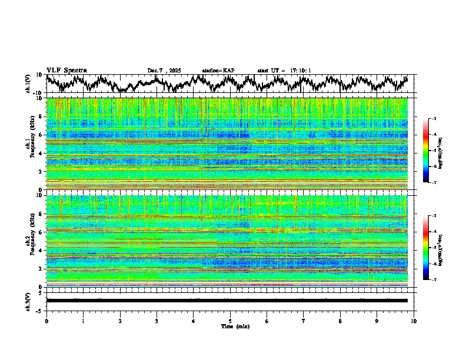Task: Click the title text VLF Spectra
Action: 66,70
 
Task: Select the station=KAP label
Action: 218,71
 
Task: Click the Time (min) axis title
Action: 235,326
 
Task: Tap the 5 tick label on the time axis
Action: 230,321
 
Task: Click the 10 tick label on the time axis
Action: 414,321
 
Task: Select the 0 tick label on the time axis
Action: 46,321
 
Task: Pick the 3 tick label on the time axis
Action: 157,321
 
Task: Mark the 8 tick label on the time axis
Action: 340,321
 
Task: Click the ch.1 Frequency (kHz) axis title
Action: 30,144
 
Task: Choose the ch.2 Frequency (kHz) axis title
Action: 30,241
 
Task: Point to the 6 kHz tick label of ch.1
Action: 41,135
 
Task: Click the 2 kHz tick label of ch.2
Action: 41,268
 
